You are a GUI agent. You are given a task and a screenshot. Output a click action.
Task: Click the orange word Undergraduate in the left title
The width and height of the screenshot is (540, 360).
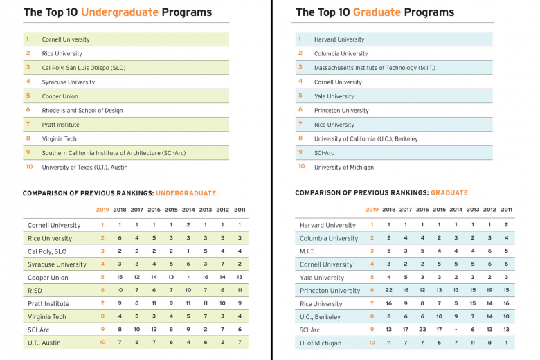point(120,12)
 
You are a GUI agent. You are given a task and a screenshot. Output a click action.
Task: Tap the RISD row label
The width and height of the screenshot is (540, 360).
point(36,290)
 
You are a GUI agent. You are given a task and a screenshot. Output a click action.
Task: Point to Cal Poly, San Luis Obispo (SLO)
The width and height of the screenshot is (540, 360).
point(83,68)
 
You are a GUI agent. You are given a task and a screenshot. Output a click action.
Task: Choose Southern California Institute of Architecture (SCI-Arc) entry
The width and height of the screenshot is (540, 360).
point(114,153)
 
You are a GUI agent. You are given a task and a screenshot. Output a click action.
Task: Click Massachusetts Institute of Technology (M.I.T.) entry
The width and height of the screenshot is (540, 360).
point(374,68)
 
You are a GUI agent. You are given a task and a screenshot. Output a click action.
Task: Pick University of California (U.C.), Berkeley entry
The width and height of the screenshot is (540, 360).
point(366,138)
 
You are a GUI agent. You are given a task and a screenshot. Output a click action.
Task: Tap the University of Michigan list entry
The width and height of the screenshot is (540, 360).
point(343,167)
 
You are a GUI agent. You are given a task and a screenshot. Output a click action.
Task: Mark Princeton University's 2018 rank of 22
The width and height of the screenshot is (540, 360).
point(389,290)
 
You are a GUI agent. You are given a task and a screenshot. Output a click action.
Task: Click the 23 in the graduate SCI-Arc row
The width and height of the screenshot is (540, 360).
point(422,330)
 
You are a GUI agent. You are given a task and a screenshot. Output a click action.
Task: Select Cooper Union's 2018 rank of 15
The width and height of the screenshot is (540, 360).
point(120,277)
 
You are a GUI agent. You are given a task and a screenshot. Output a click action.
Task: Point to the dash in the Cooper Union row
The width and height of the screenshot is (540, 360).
point(188,277)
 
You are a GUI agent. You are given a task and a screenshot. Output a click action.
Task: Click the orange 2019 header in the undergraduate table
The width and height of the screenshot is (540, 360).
point(102,210)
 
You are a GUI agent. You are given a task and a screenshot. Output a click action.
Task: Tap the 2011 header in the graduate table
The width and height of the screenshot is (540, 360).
point(506,210)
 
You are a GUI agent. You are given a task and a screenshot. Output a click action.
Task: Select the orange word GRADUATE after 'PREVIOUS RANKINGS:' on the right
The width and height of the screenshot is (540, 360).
point(449,193)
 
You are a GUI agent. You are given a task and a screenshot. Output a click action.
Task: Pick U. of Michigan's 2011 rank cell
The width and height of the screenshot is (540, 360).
point(506,343)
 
